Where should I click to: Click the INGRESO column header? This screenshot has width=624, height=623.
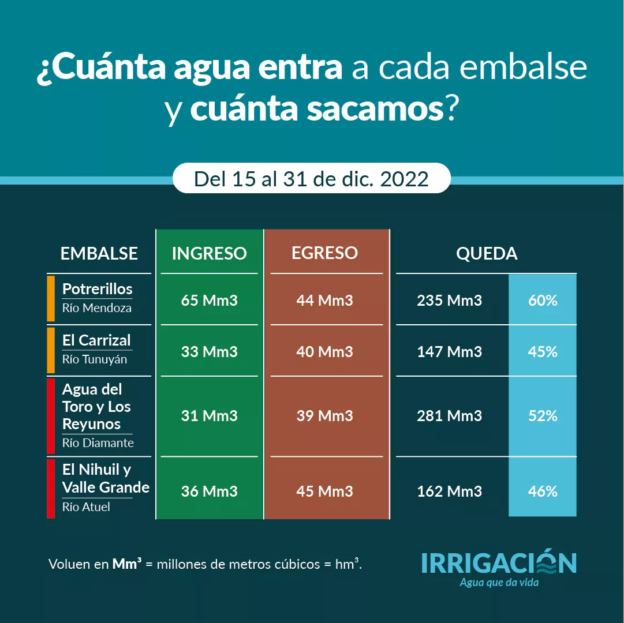tap(209, 253)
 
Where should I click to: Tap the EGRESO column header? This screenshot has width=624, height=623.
tap(324, 253)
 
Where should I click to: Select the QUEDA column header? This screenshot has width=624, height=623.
tap(487, 253)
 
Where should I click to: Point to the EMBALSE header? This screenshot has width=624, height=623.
tap(99, 253)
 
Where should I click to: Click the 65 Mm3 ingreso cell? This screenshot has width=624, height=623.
tap(209, 301)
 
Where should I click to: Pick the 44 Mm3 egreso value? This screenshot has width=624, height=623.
tap(324, 301)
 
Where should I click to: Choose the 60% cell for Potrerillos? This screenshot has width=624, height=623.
tap(543, 301)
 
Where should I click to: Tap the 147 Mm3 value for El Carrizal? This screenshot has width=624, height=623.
tap(449, 352)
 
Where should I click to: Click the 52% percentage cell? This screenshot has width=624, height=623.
tap(543, 416)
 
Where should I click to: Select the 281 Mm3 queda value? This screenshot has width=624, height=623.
tap(449, 416)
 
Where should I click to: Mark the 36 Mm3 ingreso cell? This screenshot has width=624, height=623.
tap(209, 491)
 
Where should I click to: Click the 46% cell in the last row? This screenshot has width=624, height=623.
tap(543, 491)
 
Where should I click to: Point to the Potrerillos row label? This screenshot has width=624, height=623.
tap(97, 289)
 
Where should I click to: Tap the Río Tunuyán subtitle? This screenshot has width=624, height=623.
tap(95, 359)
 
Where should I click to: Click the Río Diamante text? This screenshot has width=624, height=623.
tap(98, 443)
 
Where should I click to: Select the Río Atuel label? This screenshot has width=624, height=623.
tap(86, 507)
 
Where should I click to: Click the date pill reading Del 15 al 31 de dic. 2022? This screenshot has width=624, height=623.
tap(311, 179)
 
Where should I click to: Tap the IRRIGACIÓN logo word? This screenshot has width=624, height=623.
tap(499, 563)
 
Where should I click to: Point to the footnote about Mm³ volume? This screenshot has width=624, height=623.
tap(205, 564)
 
